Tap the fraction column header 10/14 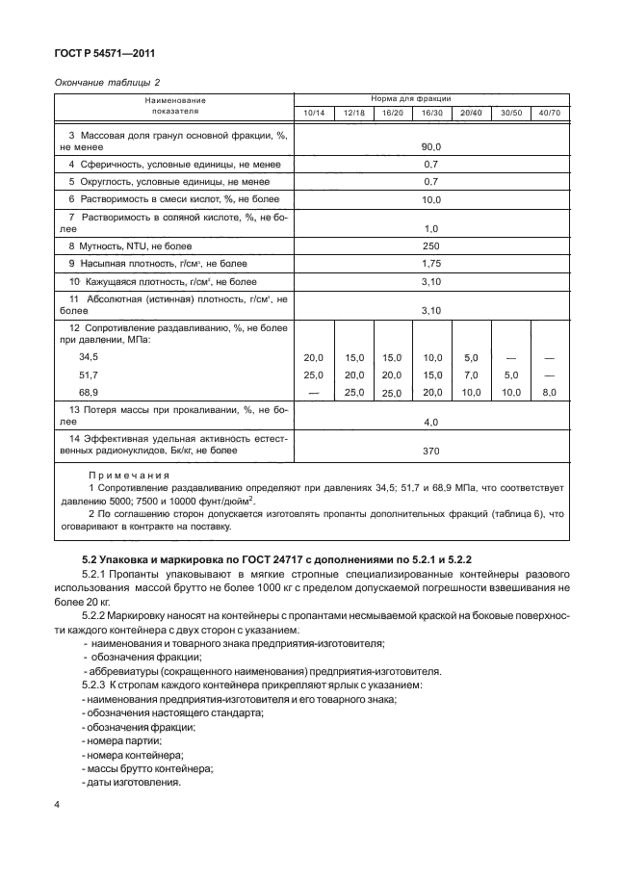[x=314, y=114]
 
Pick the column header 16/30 [x=431, y=114]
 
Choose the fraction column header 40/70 [x=549, y=114]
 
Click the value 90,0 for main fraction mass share [x=430, y=146]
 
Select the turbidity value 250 [x=430, y=246]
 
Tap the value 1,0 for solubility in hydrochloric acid [x=430, y=228]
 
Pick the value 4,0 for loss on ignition [x=430, y=422]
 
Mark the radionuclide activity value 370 [x=430, y=450]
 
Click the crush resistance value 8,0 [x=549, y=393]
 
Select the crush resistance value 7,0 [x=471, y=375]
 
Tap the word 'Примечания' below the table [x=129, y=476]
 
